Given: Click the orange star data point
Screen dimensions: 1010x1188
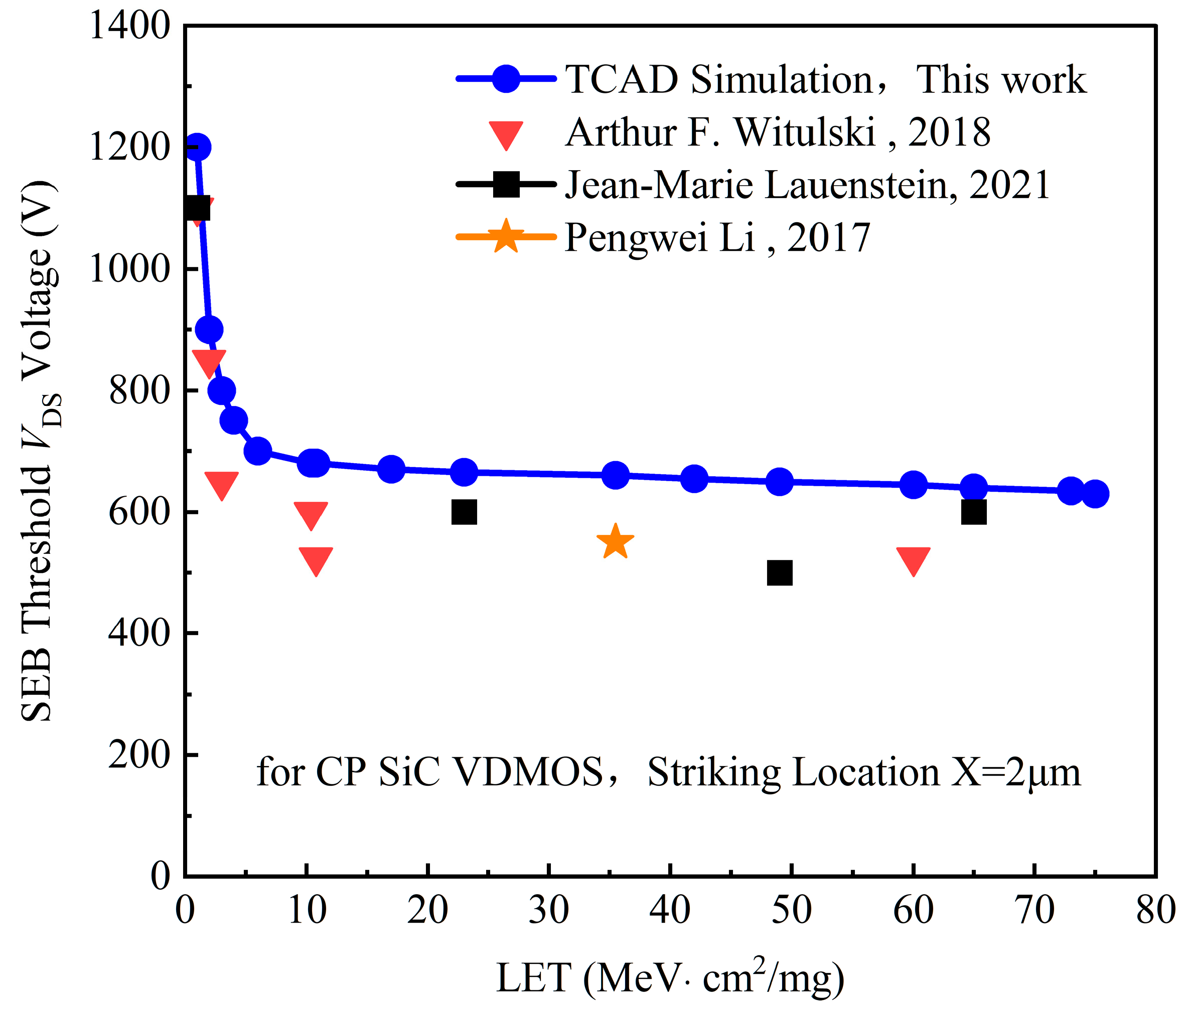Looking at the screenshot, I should [x=615, y=542].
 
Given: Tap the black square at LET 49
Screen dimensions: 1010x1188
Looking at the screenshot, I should [x=779, y=572].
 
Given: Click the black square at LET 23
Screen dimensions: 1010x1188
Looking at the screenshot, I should [x=464, y=512].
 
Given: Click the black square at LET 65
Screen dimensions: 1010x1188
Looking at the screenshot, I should [x=974, y=512].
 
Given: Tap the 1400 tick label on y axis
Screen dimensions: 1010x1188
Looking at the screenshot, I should [x=130, y=26].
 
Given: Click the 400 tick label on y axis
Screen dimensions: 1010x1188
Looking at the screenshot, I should [x=139, y=633].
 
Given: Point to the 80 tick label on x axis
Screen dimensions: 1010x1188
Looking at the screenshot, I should [x=1155, y=910].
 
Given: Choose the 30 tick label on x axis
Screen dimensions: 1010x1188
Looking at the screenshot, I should [x=548, y=910].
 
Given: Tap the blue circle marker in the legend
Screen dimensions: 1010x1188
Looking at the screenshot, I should [x=506, y=78].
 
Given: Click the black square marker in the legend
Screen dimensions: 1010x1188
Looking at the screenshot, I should [x=506, y=184].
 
